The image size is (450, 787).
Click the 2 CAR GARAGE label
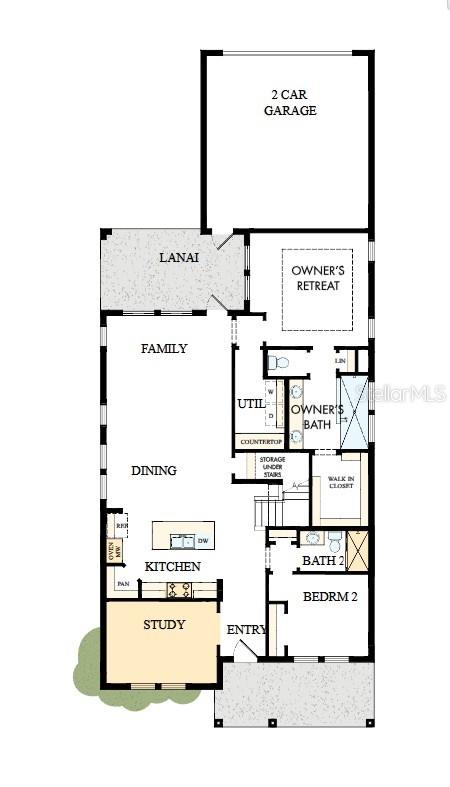click(290, 102)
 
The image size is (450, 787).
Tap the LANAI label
click(179, 258)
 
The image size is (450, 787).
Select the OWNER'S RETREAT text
click(316, 278)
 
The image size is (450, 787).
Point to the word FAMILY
click(164, 349)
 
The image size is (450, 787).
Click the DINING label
click(153, 470)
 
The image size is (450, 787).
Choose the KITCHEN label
click(173, 566)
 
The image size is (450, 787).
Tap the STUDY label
click(164, 625)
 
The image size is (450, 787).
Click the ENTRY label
click(246, 629)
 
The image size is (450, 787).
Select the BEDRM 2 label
click(329, 597)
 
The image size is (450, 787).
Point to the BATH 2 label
click(322, 560)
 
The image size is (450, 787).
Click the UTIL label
click(250, 404)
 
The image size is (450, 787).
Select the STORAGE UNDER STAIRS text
click(273, 467)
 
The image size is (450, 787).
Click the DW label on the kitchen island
click(202, 541)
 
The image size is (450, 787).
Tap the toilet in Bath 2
click(335, 540)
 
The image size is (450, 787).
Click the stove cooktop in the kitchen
click(179, 590)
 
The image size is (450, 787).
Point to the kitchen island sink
click(182, 541)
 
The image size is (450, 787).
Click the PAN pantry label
click(123, 583)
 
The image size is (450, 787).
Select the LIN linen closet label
click(340, 360)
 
